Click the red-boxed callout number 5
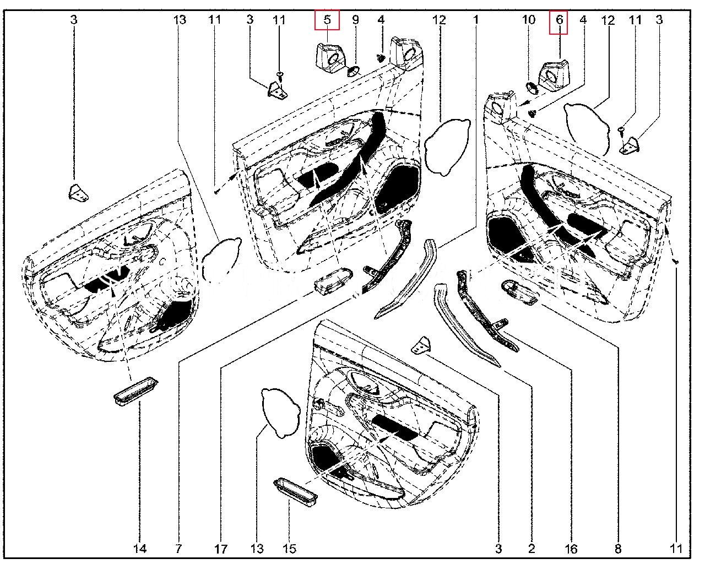coord(327,20)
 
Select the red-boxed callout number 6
coord(558,20)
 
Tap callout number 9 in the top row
coord(355,20)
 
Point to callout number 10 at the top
coord(528,20)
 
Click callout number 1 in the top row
coord(476,20)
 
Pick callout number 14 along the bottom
coord(140,549)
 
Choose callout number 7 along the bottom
coord(178,549)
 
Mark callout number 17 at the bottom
coord(221,549)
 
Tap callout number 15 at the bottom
coord(289,549)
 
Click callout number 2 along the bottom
coord(532,549)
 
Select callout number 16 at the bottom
coord(571,549)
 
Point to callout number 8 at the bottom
coord(618,549)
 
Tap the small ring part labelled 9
coord(353,70)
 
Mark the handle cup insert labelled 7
coord(333,279)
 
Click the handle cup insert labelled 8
coord(519,292)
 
